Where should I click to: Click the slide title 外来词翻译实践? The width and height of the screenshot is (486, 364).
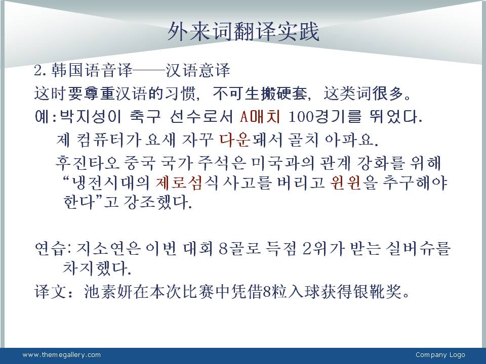244,32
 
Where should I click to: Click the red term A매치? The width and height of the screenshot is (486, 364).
260,117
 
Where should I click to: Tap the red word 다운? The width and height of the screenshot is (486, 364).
235,140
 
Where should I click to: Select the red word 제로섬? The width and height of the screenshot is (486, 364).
179,183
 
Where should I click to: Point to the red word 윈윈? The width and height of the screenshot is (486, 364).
346,183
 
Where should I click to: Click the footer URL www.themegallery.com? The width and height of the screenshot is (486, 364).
61,355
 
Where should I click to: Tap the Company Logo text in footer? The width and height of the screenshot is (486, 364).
440,355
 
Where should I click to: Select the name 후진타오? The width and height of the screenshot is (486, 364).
88,163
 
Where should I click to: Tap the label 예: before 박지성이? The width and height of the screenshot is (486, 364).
46,117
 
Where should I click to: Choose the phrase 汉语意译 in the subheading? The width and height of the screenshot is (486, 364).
197,70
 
